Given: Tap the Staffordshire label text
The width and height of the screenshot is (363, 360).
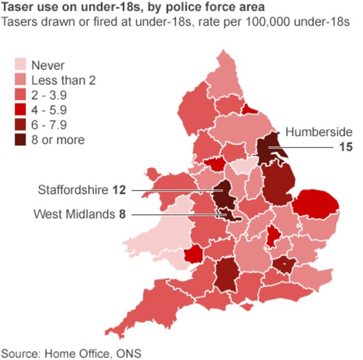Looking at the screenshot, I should (x=73, y=190).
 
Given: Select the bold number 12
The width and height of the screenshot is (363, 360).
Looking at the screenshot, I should (x=119, y=190).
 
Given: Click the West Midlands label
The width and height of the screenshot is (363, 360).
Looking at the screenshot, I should (x=74, y=214).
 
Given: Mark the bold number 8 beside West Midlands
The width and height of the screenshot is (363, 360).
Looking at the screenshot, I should (x=122, y=214).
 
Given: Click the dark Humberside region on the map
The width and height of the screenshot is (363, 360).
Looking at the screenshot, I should (x=269, y=149).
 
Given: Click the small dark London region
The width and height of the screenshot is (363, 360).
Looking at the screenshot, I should (x=284, y=266).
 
